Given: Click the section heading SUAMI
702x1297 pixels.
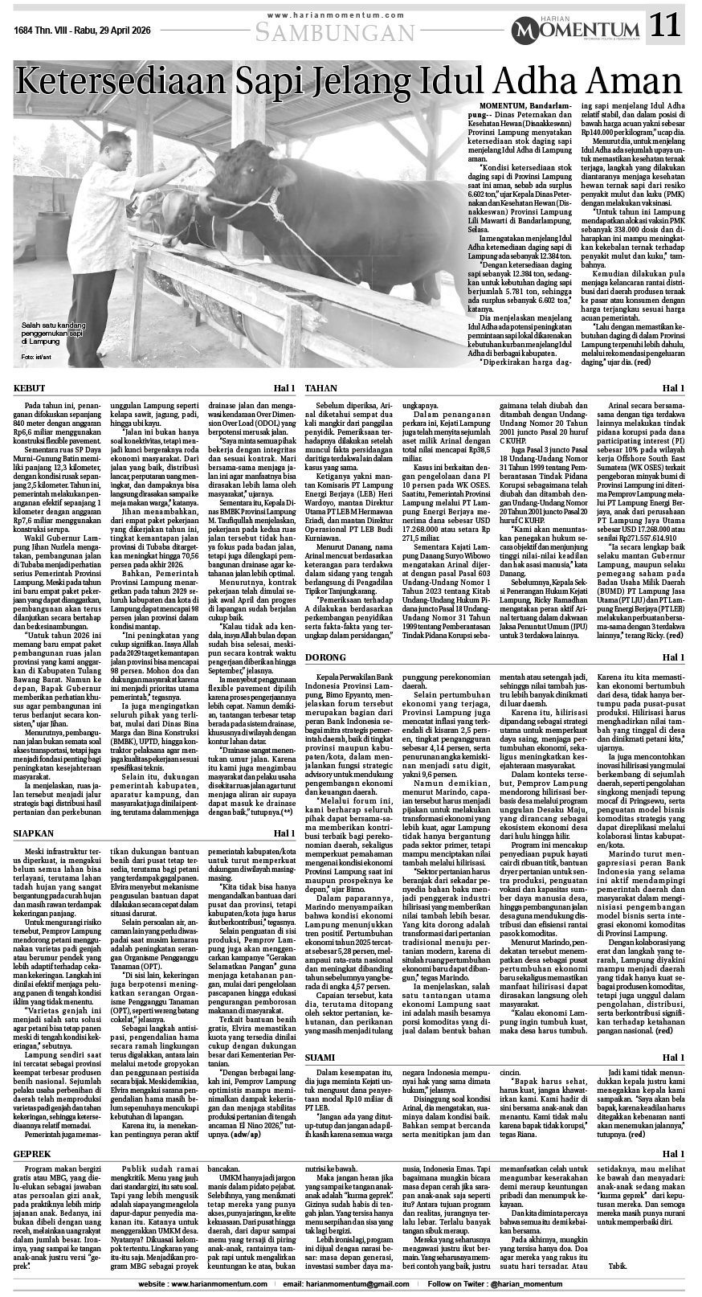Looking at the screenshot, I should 320,1056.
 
